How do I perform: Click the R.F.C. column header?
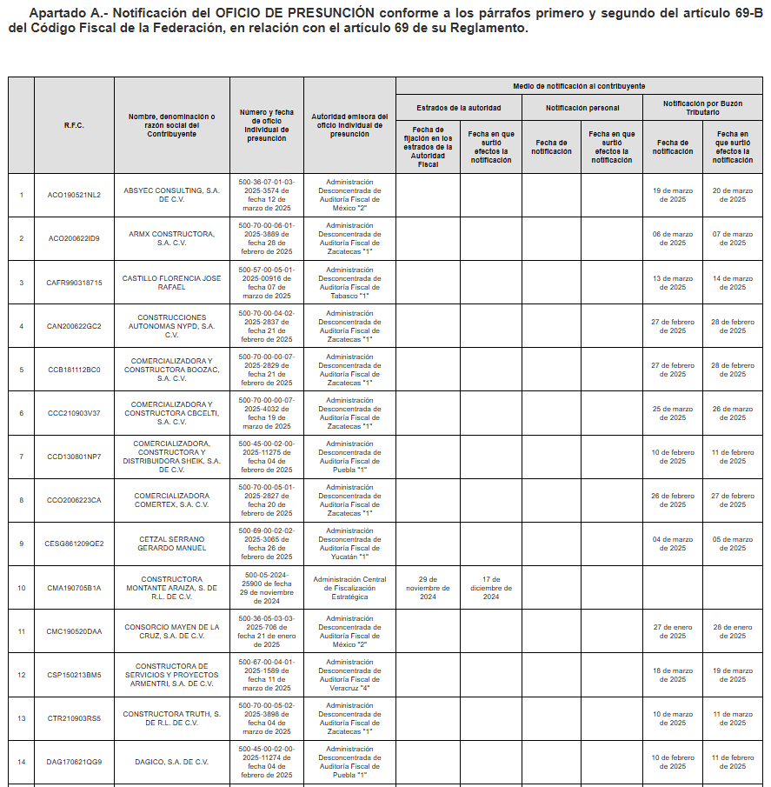pyautogui.click(x=74, y=125)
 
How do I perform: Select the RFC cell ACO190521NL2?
pyautogui.click(x=74, y=195)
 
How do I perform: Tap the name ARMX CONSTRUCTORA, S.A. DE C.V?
pyautogui.click(x=171, y=238)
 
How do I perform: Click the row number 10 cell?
pyautogui.click(x=21, y=588)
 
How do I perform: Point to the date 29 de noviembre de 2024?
pyautogui.click(x=428, y=588)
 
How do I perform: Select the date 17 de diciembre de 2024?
pyautogui.click(x=490, y=588)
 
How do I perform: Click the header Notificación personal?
pyautogui.click(x=582, y=108)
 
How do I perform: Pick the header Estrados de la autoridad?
pyautogui.click(x=458, y=108)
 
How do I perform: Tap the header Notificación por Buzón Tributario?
pyautogui.click(x=703, y=108)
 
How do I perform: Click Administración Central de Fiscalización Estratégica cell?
pyautogui.click(x=349, y=588)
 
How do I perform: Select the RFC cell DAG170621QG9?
pyautogui.click(x=74, y=762)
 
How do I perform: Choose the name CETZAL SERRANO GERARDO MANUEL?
pyautogui.click(x=171, y=544)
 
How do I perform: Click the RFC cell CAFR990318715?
pyautogui.click(x=74, y=283)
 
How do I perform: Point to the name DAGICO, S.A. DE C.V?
pyautogui.click(x=171, y=762)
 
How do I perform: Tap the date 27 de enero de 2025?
pyautogui.click(x=673, y=631)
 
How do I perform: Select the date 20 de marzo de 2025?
pyautogui.click(x=733, y=195)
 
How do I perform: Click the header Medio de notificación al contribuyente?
pyautogui.click(x=579, y=86)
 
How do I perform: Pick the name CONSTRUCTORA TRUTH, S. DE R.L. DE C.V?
pyautogui.click(x=171, y=718)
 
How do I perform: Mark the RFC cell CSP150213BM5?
pyautogui.click(x=74, y=675)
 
